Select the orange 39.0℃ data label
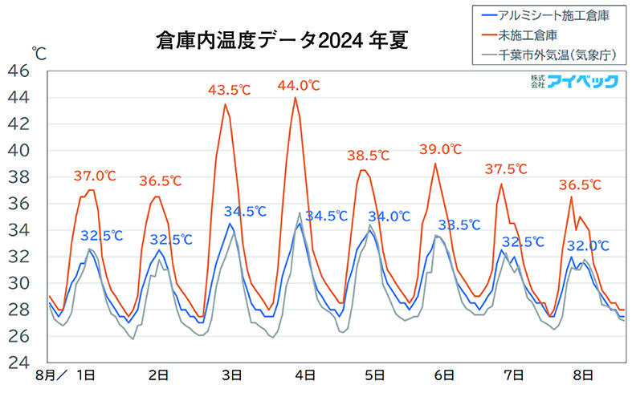tap(441, 149)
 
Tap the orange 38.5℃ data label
tap(368, 156)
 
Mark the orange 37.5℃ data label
tap(507, 169)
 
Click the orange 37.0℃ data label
tap(95, 176)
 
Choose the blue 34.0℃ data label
tap(389, 216)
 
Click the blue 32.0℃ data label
tap(588, 245)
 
